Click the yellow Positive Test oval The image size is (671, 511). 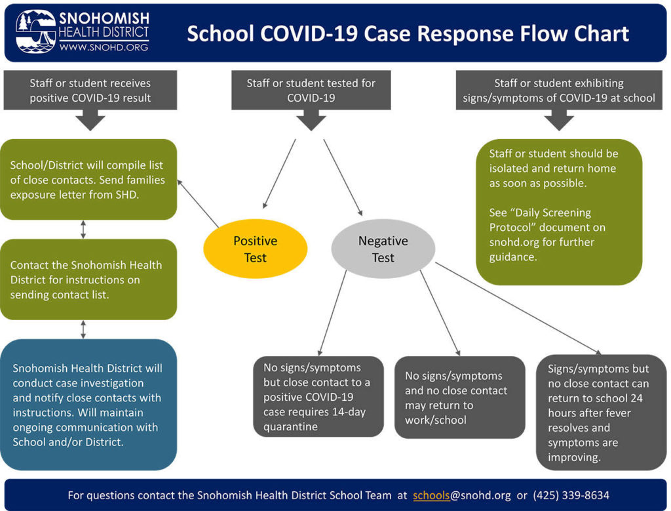click(255, 249)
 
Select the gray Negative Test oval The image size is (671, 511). click(383, 249)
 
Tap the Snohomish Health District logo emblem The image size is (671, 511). click(36, 31)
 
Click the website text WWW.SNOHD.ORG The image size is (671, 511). click(104, 48)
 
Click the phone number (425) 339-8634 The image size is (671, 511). click(571, 495)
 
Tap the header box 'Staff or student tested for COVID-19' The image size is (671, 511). click(311, 91)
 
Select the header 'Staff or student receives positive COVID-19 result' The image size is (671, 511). click(90, 91)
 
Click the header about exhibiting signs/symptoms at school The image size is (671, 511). click(558, 91)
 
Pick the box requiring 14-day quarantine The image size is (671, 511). click(315, 397)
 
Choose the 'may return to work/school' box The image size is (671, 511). click(459, 397)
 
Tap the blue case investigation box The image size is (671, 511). click(88, 405)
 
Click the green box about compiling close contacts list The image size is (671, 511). click(88, 179)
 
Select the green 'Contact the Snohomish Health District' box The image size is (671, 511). click(88, 279)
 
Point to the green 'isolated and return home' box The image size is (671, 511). click(558, 211)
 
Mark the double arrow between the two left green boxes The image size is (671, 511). click(83, 230)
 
